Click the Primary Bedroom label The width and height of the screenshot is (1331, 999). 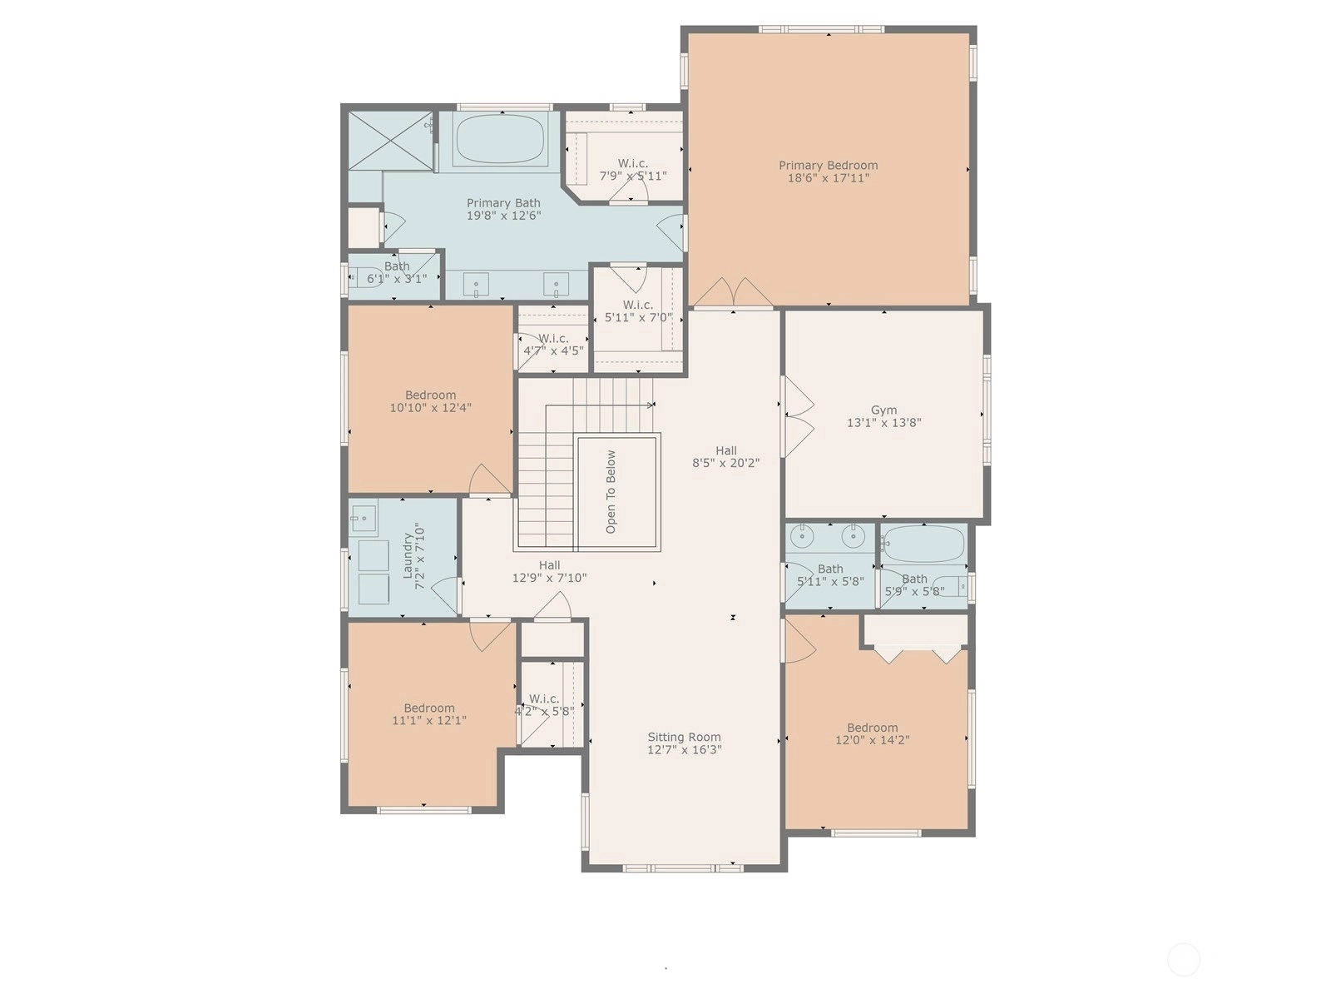(x=828, y=165)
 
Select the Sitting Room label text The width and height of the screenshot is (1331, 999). (x=684, y=737)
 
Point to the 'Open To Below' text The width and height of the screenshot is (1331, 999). (x=611, y=492)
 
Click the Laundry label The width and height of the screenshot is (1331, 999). (x=408, y=555)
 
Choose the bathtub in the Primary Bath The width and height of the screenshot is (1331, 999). (x=499, y=139)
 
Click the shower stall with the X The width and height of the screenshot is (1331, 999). (x=390, y=141)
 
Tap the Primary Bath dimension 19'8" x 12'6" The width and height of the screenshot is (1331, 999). (x=503, y=216)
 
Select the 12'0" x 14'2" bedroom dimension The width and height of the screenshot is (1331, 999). (x=872, y=740)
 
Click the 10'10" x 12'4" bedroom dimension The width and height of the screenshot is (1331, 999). (x=430, y=408)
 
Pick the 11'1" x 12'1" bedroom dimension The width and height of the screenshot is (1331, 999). (x=429, y=721)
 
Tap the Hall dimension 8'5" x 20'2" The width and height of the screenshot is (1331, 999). (x=726, y=463)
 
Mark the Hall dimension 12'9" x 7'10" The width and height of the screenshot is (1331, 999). (x=549, y=578)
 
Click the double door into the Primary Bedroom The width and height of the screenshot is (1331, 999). (x=733, y=292)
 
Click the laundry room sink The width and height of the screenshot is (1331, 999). (x=364, y=518)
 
